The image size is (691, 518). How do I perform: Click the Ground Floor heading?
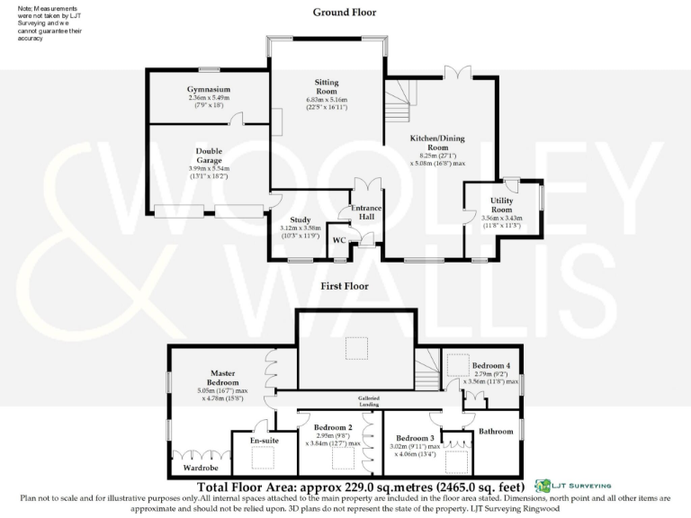point(345,13)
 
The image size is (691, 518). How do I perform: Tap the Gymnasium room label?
point(209,90)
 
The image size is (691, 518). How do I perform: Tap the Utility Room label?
point(501,205)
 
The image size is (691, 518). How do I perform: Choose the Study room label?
point(300,219)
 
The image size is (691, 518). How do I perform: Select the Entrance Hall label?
point(366,213)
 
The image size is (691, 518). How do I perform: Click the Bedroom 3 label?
point(415,438)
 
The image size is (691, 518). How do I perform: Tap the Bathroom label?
point(495,431)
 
